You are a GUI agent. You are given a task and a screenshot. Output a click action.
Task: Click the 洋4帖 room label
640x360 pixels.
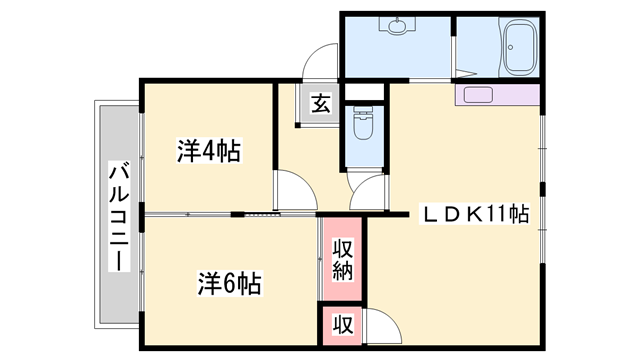coord(209,152)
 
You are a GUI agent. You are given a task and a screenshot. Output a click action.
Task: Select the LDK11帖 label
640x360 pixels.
coord(472,213)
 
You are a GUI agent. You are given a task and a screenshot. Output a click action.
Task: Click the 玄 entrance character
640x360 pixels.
coord(320,103)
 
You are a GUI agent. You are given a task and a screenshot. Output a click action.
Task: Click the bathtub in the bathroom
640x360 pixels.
coord(519,49)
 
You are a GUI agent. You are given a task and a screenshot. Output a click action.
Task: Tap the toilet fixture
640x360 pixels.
coord(363,129)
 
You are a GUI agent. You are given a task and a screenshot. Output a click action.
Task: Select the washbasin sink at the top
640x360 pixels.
coord(398,27)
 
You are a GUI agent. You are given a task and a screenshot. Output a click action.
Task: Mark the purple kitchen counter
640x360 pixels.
coord(496,96)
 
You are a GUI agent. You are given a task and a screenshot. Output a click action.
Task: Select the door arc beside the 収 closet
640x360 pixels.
coord(381,325)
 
